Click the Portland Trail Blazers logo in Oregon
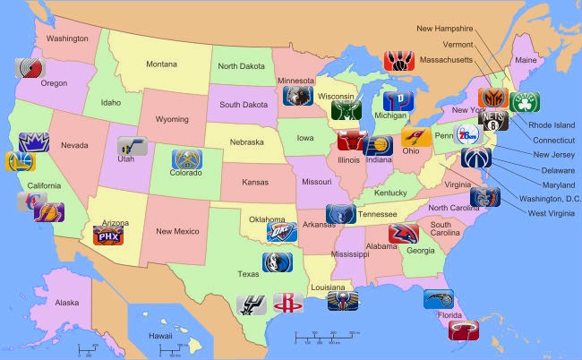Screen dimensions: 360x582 tap(29, 68)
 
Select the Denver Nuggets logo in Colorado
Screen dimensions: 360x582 tap(186, 159)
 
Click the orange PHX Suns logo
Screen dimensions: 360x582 tap(107, 236)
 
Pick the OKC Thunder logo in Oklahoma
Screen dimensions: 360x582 tap(280, 232)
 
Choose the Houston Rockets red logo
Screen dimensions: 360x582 tap(287, 303)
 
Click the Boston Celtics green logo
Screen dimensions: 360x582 tap(524, 101)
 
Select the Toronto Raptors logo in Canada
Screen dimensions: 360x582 tap(398, 60)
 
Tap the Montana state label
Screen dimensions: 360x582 tap(161, 64)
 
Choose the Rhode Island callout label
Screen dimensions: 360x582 tap(552, 125)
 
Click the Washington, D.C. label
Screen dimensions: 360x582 tap(549, 198)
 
